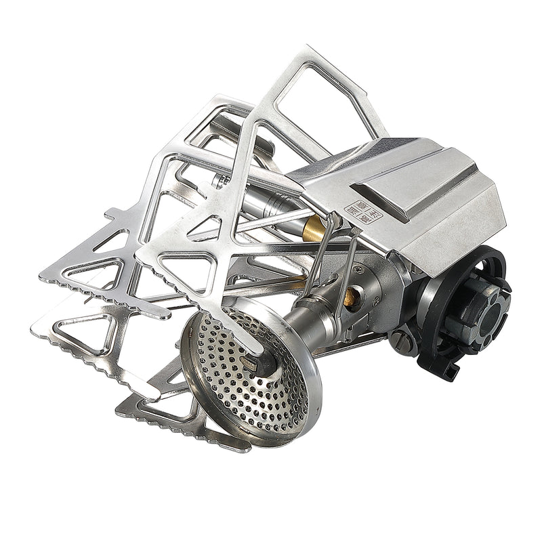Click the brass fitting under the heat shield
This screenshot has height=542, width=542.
[x=314, y=230]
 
